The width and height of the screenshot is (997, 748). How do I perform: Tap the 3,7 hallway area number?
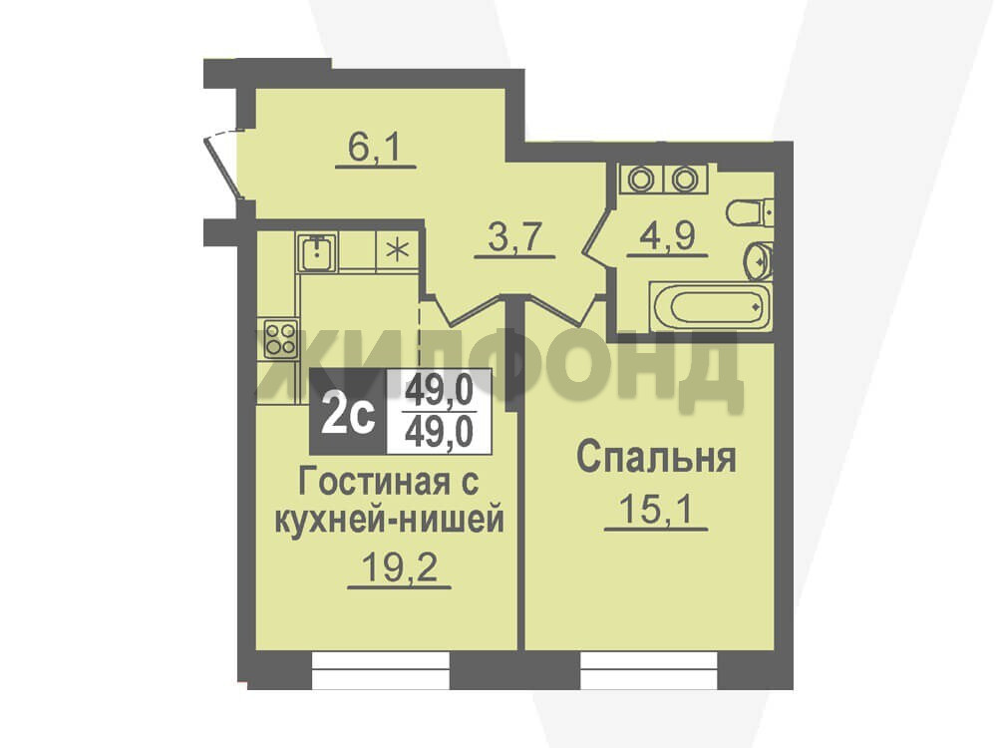click(x=514, y=238)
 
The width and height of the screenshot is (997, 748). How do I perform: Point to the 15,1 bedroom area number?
click(x=656, y=509)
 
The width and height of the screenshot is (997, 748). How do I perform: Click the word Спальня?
click(x=656, y=458)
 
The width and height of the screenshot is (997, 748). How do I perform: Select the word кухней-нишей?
click(x=389, y=520)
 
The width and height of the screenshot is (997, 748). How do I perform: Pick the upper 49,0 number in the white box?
click(x=440, y=390)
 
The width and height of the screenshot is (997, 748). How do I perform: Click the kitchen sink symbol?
click(x=316, y=252)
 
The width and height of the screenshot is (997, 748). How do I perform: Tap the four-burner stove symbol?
click(x=280, y=338)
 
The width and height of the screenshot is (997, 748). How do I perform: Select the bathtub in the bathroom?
click(x=710, y=306)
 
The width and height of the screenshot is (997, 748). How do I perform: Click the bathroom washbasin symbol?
click(x=759, y=260)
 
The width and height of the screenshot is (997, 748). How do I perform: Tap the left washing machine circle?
click(x=641, y=180)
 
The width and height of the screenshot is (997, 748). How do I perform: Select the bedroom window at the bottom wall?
click(x=649, y=670)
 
